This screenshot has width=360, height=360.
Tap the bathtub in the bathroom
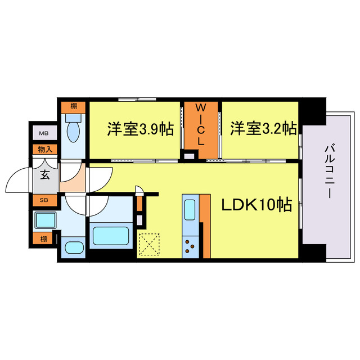pos(111,234)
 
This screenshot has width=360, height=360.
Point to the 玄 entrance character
pos(44,174)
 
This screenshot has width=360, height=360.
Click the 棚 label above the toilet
pos(74,106)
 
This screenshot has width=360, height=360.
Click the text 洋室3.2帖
pos(263,129)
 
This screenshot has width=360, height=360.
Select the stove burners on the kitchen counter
pos(191,245)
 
